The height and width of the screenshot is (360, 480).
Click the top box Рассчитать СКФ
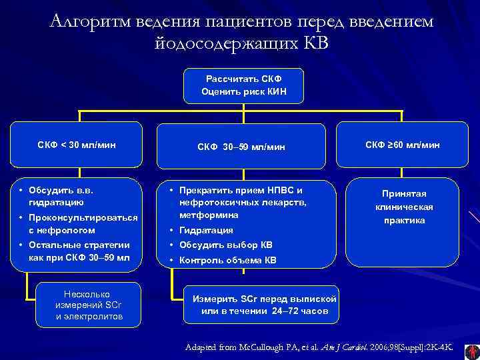point(244,85)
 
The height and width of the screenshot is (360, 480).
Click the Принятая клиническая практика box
point(403,206)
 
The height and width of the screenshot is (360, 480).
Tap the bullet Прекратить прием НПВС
point(241,190)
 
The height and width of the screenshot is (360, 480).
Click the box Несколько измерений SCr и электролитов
point(89,305)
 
